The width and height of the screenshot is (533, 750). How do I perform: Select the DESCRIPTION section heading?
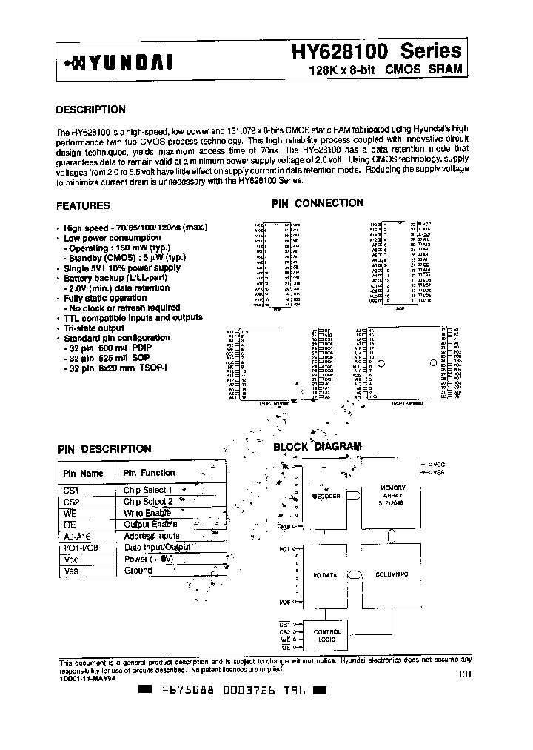click(x=91, y=110)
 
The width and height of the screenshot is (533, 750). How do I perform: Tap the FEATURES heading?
click(x=84, y=205)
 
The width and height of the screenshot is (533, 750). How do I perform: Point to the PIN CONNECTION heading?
click(x=318, y=202)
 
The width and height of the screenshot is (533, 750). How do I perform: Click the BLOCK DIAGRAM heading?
click(x=318, y=447)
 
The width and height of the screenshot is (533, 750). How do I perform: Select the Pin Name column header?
click(x=83, y=473)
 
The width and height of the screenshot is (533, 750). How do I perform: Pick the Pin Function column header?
click(x=149, y=473)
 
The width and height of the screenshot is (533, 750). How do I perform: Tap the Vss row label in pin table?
click(x=71, y=571)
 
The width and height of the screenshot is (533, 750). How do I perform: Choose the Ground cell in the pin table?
click(x=138, y=571)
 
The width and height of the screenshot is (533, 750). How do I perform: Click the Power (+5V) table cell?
click(x=149, y=560)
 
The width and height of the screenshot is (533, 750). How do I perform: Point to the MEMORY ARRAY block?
click(x=392, y=494)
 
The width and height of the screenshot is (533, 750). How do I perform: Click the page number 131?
click(x=464, y=674)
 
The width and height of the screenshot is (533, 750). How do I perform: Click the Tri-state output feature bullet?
click(x=93, y=328)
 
